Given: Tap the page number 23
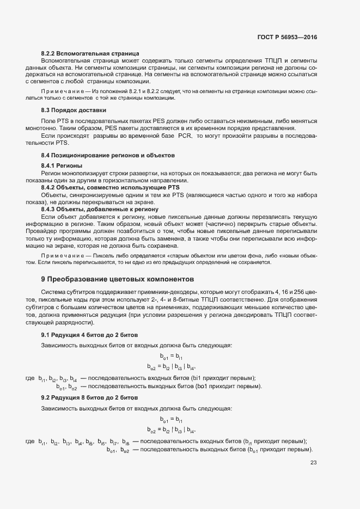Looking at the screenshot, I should (x=313, y=463).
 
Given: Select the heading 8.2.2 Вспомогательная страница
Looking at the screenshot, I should (x=90, y=53).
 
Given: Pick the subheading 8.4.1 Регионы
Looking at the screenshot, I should (x=62, y=165).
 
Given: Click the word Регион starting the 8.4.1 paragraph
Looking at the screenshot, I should (x=52, y=173).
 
